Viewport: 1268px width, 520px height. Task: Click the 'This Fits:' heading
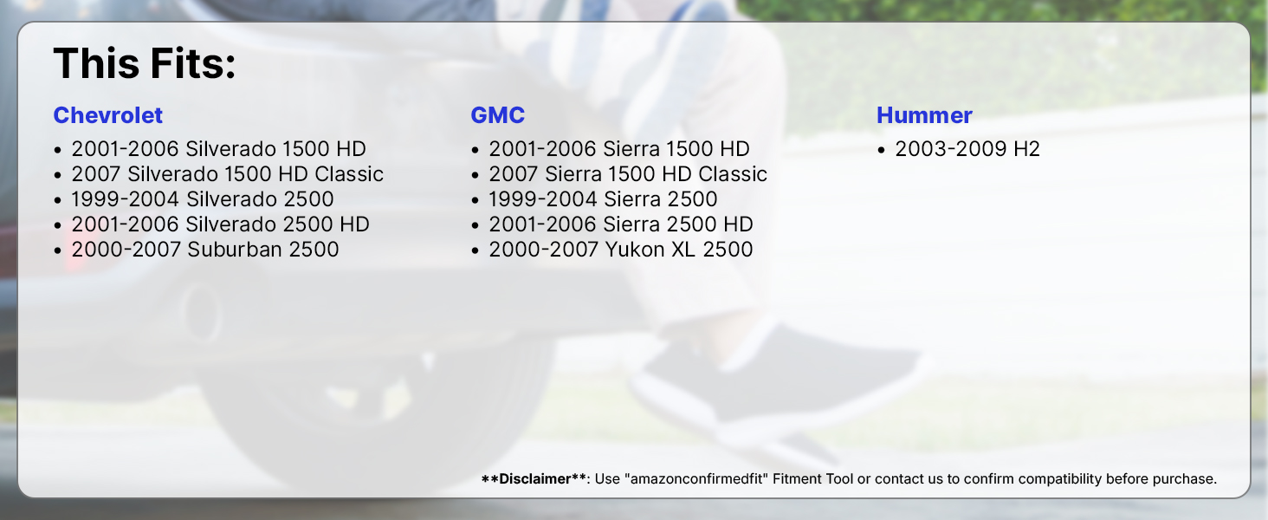[145, 63]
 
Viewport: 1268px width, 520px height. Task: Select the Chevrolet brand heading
[108, 115]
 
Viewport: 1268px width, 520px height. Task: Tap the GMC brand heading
[497, 115]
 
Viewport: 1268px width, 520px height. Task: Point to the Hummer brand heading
[924, 115]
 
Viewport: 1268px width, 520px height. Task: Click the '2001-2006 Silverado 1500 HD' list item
[218, 149]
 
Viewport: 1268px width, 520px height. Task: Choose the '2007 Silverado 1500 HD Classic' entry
[228, 174]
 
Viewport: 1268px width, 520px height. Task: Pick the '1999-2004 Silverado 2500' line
[203, 198]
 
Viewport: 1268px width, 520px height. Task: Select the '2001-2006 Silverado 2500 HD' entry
[220, 224]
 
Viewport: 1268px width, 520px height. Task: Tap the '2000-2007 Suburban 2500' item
[205, 250]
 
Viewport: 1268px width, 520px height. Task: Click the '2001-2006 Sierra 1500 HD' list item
[619, 149]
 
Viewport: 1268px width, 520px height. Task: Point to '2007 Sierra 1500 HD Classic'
[628, 174]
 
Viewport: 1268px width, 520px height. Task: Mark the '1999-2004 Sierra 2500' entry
[604, 198]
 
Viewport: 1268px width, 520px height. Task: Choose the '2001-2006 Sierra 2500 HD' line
[621, 224]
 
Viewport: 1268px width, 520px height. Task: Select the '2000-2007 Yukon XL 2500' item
[621, 250]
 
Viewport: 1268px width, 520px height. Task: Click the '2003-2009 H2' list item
[967, 149]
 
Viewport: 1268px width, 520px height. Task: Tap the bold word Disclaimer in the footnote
[535, 478]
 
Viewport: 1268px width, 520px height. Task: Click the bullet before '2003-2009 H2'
[881, 150]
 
